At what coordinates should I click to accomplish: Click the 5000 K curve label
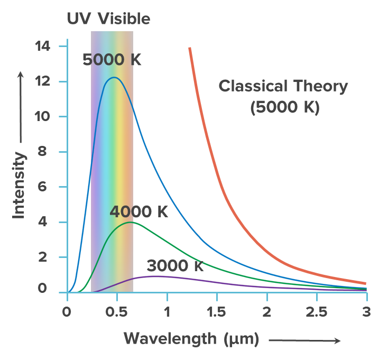112,60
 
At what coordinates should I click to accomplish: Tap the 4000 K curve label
138,212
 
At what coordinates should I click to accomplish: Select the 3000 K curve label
174,265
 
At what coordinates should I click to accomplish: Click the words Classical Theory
283,86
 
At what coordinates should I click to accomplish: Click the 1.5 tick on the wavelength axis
217,311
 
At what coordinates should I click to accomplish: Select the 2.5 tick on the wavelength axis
317,311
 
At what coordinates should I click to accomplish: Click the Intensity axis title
19,185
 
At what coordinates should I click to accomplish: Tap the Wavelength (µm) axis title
191,338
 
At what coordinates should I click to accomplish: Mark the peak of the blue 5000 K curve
114,78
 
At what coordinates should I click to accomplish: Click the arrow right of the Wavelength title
304,341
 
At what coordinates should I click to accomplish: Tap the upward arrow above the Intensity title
21,106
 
